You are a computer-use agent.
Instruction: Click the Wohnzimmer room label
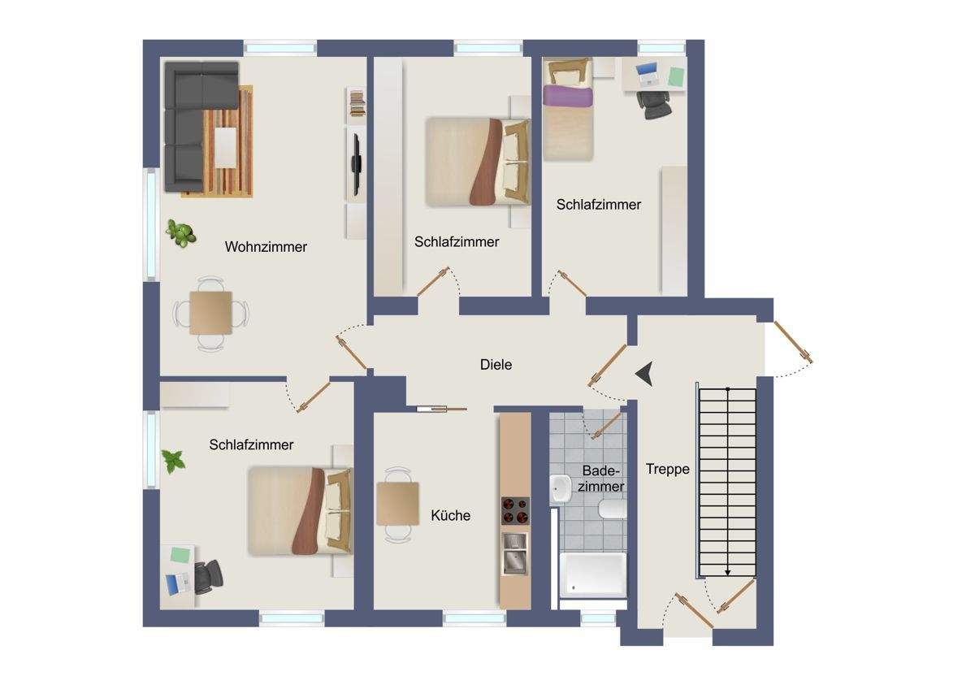(x=266, y=247)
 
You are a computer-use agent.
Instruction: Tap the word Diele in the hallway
(x=496, y=364)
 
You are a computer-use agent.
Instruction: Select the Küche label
(x=450, y=515)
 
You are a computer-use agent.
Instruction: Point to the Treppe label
(x=668, y=469)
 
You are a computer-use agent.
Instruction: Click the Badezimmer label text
(x=600, y=479)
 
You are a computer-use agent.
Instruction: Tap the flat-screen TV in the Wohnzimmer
(x=356, y=164)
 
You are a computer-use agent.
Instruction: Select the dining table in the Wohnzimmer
(x=210, y=313)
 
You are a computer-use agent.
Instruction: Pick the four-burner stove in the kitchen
(x=515, y=511)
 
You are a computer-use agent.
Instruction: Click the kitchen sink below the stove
(x=515, y=552)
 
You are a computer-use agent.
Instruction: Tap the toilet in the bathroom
(x=613, y=509)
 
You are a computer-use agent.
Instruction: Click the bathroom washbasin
(x=561, y=489)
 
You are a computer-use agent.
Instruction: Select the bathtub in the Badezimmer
(x=593, y=574)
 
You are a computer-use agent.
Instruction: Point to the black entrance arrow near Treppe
(x=645, y=374)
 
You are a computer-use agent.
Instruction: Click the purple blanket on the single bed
(x=568, y=96)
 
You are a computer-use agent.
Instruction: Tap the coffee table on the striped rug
(x=226, y=148)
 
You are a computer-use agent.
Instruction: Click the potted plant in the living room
(x=181, y=233)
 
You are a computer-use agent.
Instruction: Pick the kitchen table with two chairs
(x=398, y=504)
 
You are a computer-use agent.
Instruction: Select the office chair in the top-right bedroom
(x=654, y=105)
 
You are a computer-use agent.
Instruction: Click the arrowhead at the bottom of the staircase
(x=727, y=573)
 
